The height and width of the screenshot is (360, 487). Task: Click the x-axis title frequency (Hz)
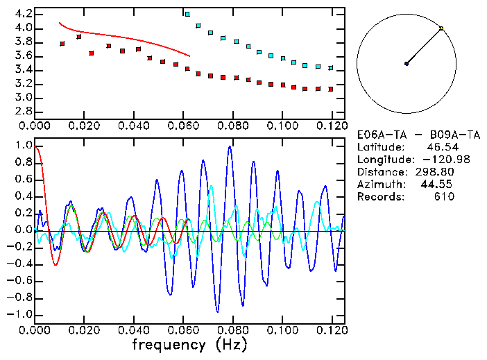point(189,344)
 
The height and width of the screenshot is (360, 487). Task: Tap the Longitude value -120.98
point(435,160)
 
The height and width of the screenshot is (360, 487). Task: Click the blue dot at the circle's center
point(407,64)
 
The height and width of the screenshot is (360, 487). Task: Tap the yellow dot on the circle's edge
point(441,28)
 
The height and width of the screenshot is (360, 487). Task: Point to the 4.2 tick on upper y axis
point(23,14)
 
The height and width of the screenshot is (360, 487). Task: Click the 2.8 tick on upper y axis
point(23,111)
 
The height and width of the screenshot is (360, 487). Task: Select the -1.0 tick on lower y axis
point(21,314)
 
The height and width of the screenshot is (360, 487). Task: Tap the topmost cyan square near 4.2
point(187,14)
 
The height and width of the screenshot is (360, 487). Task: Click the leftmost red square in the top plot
point(62,44)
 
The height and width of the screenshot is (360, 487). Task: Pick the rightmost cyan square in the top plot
point(331,68)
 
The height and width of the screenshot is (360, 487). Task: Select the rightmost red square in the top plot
point(331,89)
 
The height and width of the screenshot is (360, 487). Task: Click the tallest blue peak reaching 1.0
point(229,147)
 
